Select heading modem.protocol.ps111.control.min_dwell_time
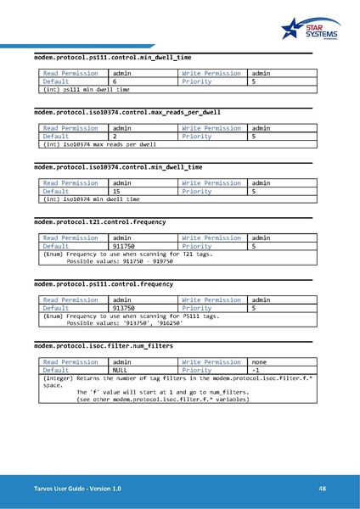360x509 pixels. tap(113, 58)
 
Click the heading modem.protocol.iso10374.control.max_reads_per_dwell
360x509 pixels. tap(127, 112)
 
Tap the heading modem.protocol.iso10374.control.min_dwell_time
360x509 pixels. tap(118, 167)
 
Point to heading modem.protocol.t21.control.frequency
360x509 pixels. tap(100, 222)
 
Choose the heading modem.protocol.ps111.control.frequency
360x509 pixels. tap(104, 284)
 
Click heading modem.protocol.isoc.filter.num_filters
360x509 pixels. tap(104, 346)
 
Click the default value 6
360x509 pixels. tap(115, 81)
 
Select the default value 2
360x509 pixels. tap(115, 136)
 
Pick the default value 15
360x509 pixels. tap(117, 191)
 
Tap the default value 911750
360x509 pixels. tap(124, 246)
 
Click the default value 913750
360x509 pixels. tap(124, 308)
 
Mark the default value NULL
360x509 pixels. tap(121, 370)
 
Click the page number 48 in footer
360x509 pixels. tap(323, 489)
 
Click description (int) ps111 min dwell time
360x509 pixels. tap(87, 89)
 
